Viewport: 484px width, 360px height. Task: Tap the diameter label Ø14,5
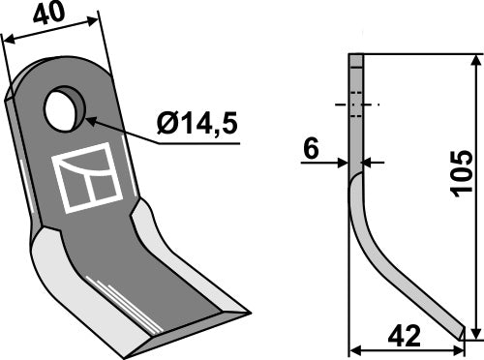tap(197, 124)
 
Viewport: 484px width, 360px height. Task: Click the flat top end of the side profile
tap(356, 57)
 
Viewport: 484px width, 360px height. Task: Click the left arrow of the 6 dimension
tap(345, 162)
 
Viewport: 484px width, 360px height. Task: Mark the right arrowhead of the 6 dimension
tap(369, 162)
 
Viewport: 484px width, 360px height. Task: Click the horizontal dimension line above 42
tap(411, 347)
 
